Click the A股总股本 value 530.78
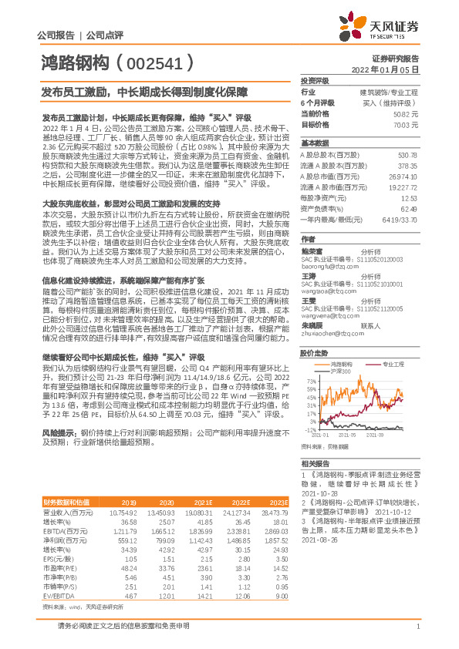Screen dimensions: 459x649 [x=407, y=154]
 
